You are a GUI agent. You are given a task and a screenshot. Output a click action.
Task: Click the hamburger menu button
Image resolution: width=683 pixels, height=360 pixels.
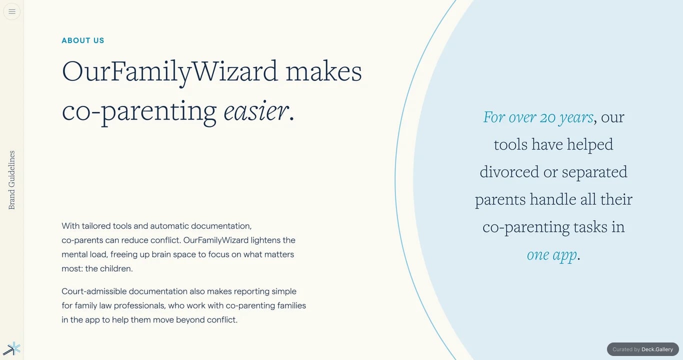pyautogui.click(x=12, y=11)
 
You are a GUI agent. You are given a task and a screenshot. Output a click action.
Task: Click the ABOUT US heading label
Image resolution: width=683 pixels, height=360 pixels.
pyautogui.click(x=83, y=40)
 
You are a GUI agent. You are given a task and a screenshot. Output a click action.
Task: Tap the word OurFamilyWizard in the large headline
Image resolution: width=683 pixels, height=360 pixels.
pyautogui.click(x=170, y=72)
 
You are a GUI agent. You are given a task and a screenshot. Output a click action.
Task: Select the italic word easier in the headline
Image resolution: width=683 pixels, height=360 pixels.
pyautogui.click(x=256, y=111)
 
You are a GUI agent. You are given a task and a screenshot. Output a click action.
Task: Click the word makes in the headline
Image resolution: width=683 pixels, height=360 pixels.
pyautogui.click(x=323, y=71)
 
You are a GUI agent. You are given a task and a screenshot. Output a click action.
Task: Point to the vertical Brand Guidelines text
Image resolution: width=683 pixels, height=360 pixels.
pyautogui.click(x=11, y=180)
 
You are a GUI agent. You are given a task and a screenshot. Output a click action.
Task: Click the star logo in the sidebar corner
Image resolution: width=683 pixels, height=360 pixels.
pyautogui.click(x=12, y=348)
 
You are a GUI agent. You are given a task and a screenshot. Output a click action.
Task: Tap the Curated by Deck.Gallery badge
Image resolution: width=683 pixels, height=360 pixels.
pyautogui.click(x=643, y=349)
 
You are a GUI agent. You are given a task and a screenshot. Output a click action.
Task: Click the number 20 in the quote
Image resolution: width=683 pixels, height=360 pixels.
pyautogui.click(x=547, y=117)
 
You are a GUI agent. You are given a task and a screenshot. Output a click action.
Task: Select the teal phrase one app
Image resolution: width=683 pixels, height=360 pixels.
pyautogui.click(x=552, y=255)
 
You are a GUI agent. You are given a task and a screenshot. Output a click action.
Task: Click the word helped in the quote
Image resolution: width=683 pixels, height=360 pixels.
pyautogui.click(x=589, y=144)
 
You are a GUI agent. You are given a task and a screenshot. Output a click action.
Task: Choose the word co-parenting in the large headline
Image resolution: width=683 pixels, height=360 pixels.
pyautogui.click(x=139, y=112)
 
